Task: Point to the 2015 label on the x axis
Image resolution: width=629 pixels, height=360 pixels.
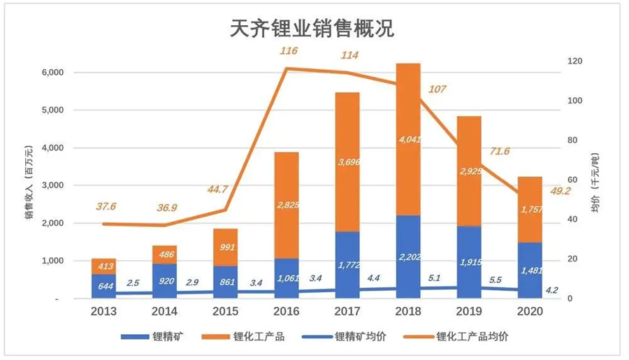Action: click(225, 312)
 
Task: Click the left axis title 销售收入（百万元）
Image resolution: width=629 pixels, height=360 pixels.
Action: click(29, 184)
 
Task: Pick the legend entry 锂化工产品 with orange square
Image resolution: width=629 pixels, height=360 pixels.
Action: click(252, 336)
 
